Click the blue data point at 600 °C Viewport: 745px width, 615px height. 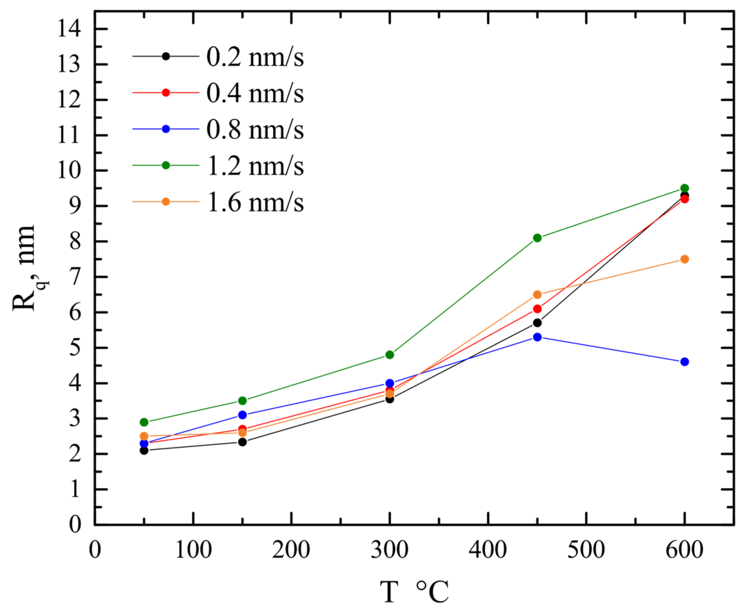point(684,362)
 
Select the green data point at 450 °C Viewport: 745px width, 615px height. point(537,238)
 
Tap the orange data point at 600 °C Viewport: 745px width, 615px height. point(684,259)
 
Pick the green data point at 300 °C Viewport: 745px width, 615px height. point(390,355)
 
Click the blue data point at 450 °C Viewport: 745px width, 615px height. point(537,337)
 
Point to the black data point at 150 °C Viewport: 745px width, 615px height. point(242,442)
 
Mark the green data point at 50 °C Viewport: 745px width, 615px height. point(144,422)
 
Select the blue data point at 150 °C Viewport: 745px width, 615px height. point(242,414)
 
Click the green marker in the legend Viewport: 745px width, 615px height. point(166,165)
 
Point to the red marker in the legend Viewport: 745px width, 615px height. point(166,92)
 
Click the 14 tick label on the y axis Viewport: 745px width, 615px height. point(70,29)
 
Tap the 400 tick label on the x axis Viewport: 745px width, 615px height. point(488,550)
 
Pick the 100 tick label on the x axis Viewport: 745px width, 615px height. point(193,550)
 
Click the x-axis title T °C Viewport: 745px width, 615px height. point(414,592)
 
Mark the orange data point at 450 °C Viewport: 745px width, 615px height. point(537,294)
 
